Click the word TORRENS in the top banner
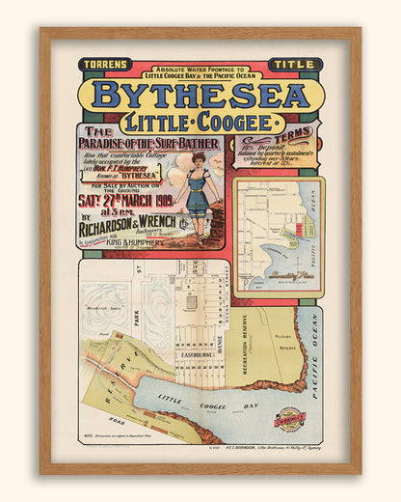click(x=106, y=66)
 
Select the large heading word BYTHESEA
click(x=200, y=95)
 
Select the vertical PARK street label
click(x=137, y=318)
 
